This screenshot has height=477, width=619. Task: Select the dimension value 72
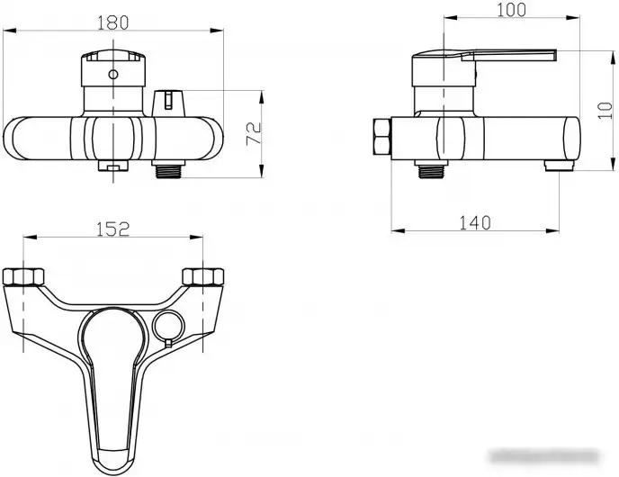tap(255, 133)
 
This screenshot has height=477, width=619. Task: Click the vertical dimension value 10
tap(605, 111)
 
